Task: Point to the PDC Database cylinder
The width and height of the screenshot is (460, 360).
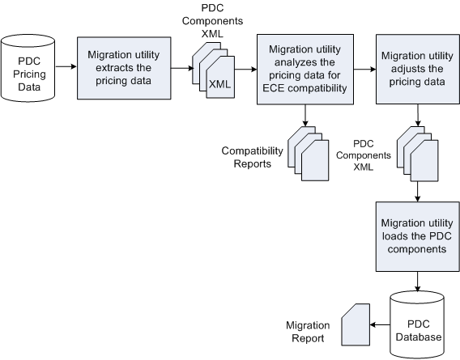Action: pyautogui.click(x=416, y=324)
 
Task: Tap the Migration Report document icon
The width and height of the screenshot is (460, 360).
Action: pyautogui.click(x=355, y=323)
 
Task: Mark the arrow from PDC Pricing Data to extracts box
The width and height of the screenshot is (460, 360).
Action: pyautogui.click(x=65, y=70)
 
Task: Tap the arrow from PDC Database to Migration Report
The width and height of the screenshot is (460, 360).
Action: pyautogui.click(x=380, y=324)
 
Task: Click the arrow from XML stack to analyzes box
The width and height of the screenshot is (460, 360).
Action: pyautogui.click(x=245, y=70)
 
